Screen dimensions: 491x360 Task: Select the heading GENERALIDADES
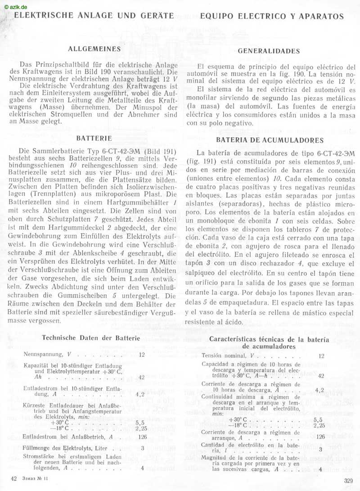click(269, 51)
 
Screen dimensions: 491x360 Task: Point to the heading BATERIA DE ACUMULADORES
click(270, 140)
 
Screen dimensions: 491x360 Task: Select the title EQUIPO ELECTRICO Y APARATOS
click(272, 17)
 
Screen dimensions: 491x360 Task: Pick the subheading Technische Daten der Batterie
click(91, 338)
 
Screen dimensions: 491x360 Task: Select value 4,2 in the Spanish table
click(320, 390)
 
